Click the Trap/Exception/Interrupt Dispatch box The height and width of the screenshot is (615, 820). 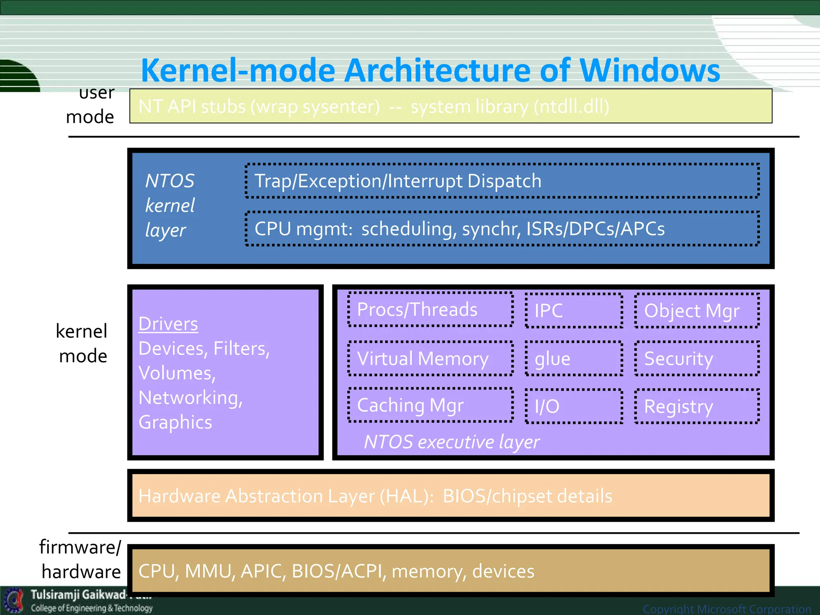tap(502, 181)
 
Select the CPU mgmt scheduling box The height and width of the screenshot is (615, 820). tap(502, 229)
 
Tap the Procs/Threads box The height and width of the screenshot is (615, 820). tap(430, 310)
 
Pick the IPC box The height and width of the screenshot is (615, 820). tap(574, 311)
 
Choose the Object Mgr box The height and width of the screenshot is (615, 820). tap(697, 311)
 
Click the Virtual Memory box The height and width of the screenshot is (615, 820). tap(430, 358)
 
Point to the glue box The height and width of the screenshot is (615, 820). tap(574, 359)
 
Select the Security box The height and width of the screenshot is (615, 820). tap(697, 359)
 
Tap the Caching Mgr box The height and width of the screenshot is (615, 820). tap(430, 405)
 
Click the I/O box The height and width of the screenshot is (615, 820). tap(574, 406)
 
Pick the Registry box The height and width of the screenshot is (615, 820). tap(697, 406)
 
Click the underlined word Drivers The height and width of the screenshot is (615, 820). tap(168, 324)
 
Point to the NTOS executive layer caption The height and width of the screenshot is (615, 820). tap(452, 442)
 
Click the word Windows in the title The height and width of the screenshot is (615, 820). tap(649, 70)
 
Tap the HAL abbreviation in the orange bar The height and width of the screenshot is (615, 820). tap(404, 496)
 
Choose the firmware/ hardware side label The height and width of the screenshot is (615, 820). tap(80, 559)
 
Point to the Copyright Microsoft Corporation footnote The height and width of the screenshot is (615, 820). tap(727, 609)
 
